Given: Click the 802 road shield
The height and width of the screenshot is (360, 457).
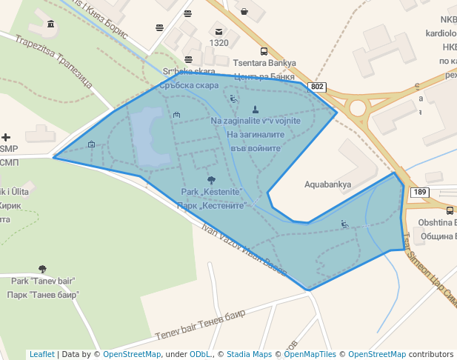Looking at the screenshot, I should (x=318, y=87).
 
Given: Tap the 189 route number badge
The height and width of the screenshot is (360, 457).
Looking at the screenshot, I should (x=420, y=192).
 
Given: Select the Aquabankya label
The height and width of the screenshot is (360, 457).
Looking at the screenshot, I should (x=327, y=184).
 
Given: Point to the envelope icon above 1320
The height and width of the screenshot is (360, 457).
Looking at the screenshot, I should (x=219, y=31).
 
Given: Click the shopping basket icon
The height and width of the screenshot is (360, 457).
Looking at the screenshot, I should (x=244, y=11).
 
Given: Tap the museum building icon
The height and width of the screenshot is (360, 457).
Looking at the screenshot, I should (x=50, y=24).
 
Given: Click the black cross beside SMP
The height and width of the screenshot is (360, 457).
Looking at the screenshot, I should (x=7, y=137).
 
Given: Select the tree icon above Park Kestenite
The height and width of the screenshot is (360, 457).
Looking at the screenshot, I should (x=212, y=180).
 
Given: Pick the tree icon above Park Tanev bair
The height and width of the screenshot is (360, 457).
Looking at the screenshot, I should (x=42, y=270).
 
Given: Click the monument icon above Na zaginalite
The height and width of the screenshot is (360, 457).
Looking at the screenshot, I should (x=256, y=110).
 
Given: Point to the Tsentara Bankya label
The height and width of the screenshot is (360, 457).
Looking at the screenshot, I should (x=264, y=64).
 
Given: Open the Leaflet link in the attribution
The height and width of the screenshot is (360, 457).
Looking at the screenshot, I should (x=41, y=354).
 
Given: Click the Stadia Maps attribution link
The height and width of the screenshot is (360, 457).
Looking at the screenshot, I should (x=251, y=354).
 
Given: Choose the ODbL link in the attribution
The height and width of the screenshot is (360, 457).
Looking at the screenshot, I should (x=199, y=354).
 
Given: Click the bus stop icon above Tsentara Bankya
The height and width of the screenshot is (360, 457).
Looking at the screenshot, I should (x=189, y=59).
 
